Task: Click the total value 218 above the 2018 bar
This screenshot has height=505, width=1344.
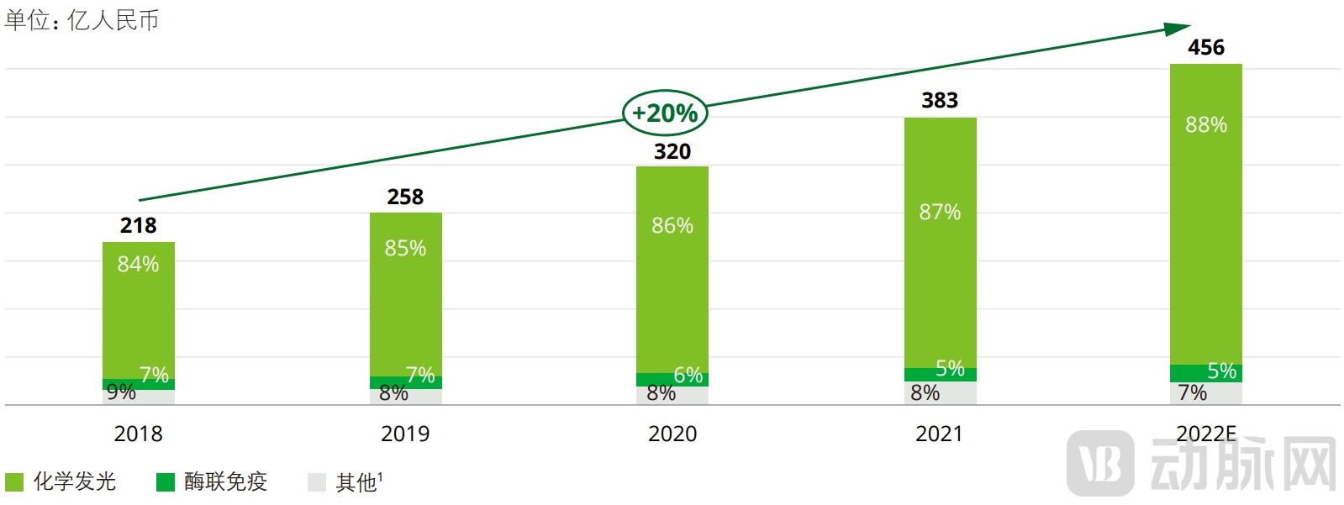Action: point(138,225)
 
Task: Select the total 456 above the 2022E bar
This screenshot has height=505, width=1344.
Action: point(1205,48)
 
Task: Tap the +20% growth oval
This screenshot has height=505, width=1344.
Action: point(664,113)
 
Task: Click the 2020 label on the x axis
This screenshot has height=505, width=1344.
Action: point(672,434)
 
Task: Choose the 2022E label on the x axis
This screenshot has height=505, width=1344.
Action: point(1205,434)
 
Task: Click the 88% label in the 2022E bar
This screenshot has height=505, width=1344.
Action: point(1205,125)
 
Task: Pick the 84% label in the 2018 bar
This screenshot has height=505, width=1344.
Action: point(138,264)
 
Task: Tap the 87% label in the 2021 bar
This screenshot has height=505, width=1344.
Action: point(939,212)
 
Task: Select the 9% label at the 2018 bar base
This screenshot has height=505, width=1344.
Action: point(121,392)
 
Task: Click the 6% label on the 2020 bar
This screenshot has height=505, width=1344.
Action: point(688,376)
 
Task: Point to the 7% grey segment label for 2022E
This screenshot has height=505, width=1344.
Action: point(1192,393)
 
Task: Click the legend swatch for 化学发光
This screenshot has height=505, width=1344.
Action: point(14,481)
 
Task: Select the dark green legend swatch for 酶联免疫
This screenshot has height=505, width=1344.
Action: point(166,481)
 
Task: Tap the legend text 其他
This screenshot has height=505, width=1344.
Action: point(356,482)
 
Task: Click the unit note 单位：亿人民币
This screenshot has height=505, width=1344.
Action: point(82,20)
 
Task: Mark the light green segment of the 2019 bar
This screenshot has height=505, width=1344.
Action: point(405,294)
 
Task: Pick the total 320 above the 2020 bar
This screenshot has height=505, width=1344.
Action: point(672,151)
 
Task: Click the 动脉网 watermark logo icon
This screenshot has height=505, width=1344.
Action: point(1099,463)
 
